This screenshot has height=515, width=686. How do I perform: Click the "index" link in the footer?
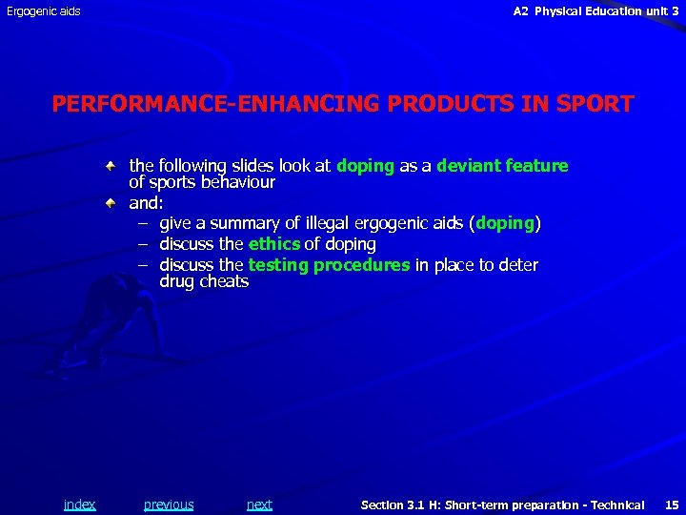click(x=79, y=505)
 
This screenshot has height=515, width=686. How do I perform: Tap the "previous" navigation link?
click(x=169, y=505)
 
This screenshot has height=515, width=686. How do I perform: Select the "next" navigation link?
click(x=259, y=505)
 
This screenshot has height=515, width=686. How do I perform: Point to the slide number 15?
click(x=672, y=505)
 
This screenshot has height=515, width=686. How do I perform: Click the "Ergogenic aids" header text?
click(x=44, y=11)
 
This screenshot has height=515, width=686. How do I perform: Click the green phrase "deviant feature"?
click(x=502, y=166)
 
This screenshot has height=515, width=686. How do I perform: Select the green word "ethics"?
click(x=274, y=244)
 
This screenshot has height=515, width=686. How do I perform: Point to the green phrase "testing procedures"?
click(x=329, y=265)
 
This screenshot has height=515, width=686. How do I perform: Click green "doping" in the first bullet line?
click(x=365, y=166)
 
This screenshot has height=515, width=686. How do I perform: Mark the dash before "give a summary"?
click(x=141, y=224)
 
